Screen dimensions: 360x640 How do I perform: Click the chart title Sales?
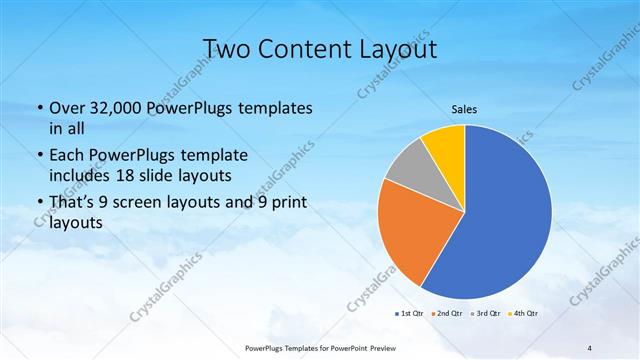pos(464,109)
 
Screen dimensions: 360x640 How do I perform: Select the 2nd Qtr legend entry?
pos(446,315)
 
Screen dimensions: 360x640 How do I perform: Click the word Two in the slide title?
pos(226,47)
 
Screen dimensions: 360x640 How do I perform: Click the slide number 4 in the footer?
pos(589,348)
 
